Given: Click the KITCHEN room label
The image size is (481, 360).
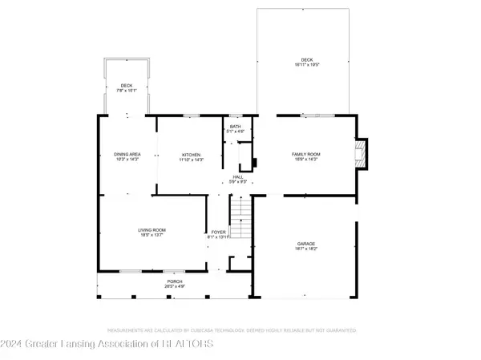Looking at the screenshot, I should (190, 155).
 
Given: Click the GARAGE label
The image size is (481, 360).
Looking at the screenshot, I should (307, 244).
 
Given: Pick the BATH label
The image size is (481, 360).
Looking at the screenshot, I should (235, 127).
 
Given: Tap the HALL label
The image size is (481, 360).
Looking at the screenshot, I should (237, 176).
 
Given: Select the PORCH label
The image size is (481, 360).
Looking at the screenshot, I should (174, 281).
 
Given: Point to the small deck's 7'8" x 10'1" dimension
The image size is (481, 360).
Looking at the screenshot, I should (127, 90).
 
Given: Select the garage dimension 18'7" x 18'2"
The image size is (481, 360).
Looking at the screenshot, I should (307, 249).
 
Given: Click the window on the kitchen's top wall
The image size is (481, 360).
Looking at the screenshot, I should (191, 116).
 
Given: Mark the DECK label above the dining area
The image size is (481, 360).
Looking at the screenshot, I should (127, 85).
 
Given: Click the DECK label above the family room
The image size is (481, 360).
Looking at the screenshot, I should (307, 59).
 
